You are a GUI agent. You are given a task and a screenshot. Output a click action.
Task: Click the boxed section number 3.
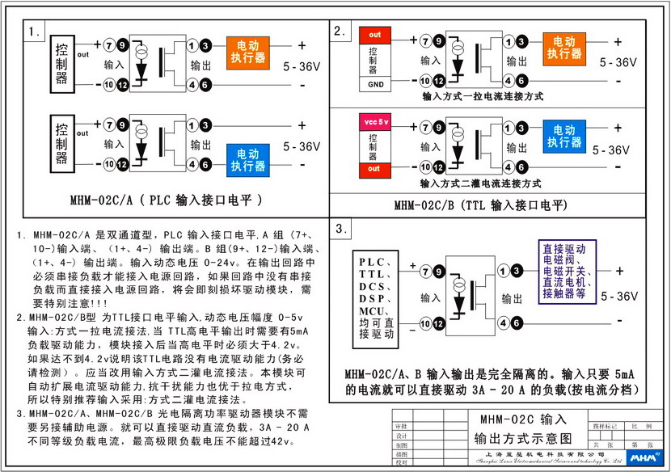coord(343,229)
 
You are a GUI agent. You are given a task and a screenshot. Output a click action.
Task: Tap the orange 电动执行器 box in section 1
coord(248,51)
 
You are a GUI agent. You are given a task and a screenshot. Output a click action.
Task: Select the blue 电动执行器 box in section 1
coord(248,158)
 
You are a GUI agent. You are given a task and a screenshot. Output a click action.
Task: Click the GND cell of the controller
coord(375,84)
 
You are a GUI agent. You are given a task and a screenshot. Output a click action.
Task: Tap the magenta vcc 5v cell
coord(375,121)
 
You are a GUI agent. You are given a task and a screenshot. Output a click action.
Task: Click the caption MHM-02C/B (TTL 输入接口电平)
coord(480,205)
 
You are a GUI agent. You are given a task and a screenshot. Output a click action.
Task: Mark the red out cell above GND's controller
coord(375,36)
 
